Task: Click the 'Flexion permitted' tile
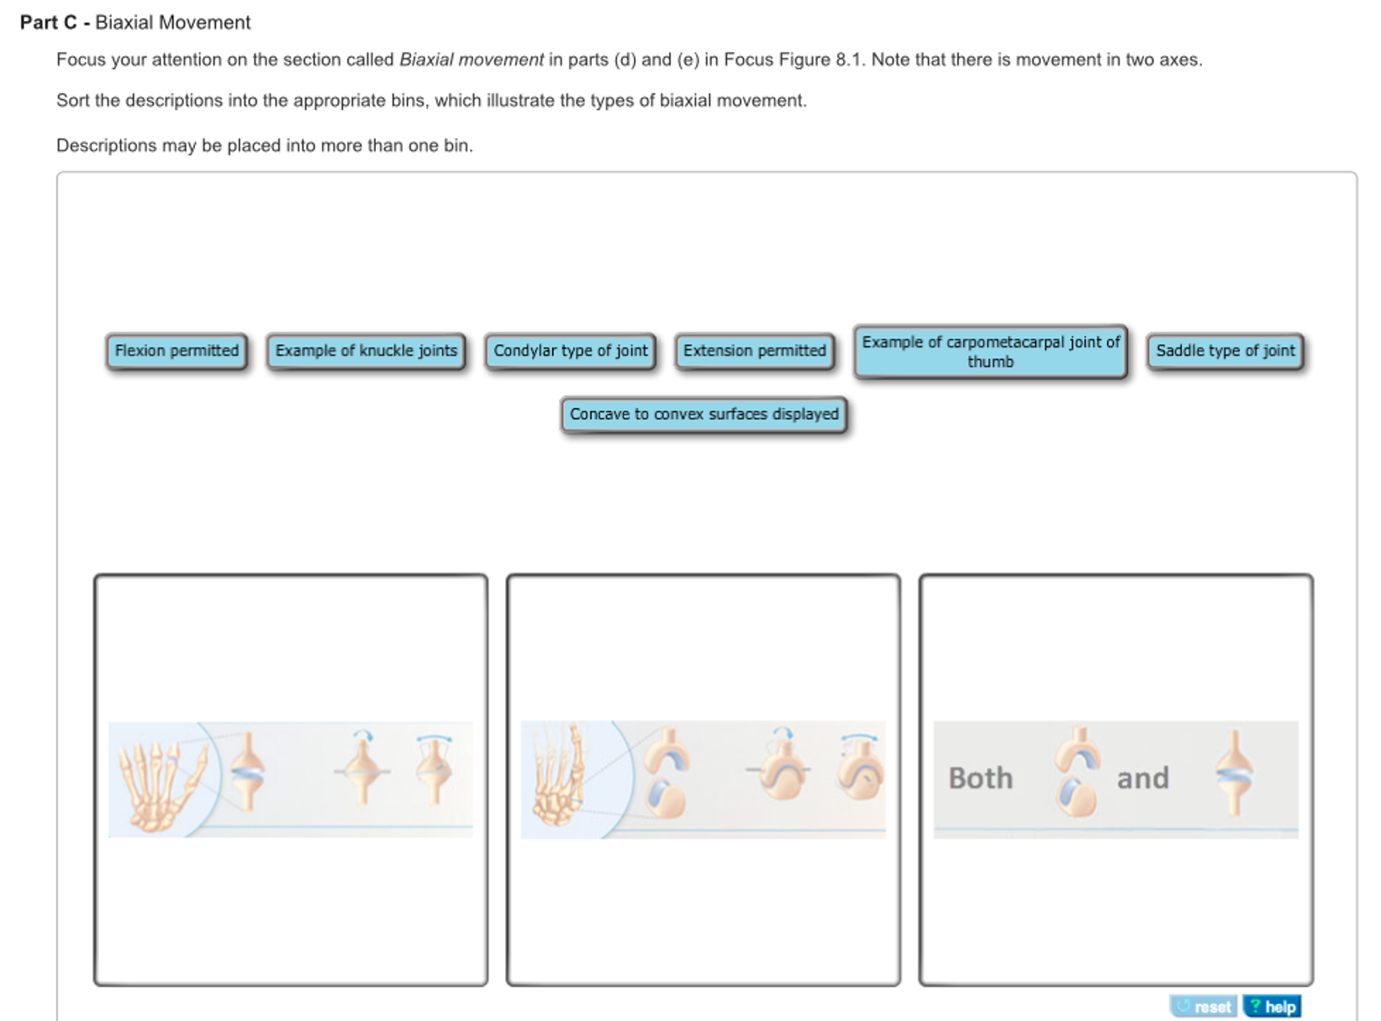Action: click(176, 351)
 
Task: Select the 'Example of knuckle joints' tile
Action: click(366, 351)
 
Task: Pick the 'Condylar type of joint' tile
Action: click(570, 351)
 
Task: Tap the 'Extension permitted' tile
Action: click(755, 351)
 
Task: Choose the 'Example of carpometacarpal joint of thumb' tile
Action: click(990, 352)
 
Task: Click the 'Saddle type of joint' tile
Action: click(1225, 351)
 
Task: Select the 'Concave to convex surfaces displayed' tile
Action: click(704, 414)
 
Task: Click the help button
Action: click(1272, 1006)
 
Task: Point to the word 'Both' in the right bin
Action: click(980, 778)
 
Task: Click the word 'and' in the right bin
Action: click(1143, 778)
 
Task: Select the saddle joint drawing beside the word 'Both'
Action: click(1077, 771)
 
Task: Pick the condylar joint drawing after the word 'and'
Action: click(1234, 773)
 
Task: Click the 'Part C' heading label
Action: click(49, 23)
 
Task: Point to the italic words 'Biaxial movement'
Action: click(471, 60)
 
